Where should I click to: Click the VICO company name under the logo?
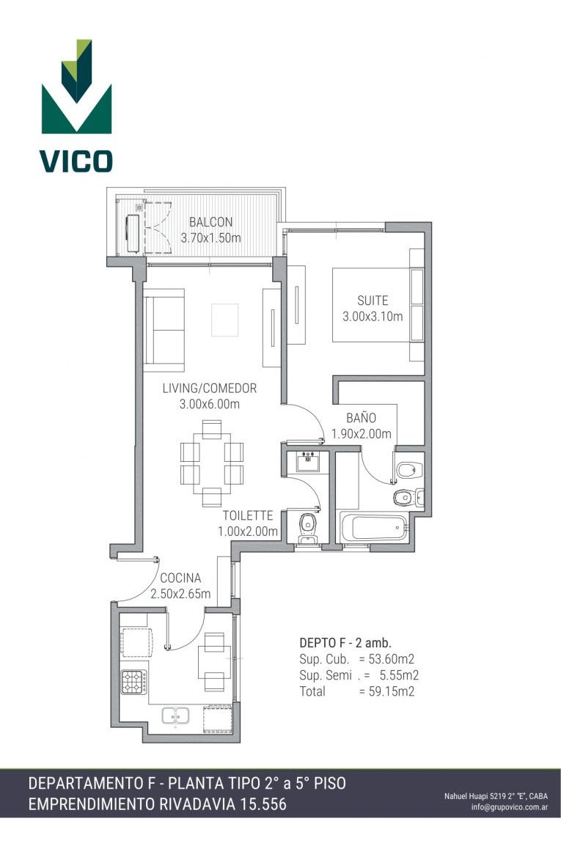click(76, 161)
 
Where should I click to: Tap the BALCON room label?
click(210, 222)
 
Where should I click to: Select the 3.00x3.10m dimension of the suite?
click(373, 316)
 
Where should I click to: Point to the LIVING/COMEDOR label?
click(210, 388)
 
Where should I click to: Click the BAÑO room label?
click(361, 418)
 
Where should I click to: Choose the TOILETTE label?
click(248, 515)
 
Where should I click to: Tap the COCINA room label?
click(180, 578)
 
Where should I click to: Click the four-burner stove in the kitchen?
click(134, 682)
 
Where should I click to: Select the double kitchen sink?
click(175, 715)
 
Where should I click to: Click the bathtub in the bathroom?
click(374, 527)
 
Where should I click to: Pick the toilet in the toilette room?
click(308, 528)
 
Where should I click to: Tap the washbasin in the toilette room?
click(308, 461)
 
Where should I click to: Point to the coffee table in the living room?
click(224, 320)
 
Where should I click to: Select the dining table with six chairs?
click(212, 463)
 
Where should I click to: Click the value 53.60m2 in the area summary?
click(391, 659)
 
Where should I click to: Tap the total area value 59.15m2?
click(391, 691)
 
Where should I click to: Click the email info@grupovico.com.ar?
click(509, 807)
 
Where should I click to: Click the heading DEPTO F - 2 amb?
click(345, 643)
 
